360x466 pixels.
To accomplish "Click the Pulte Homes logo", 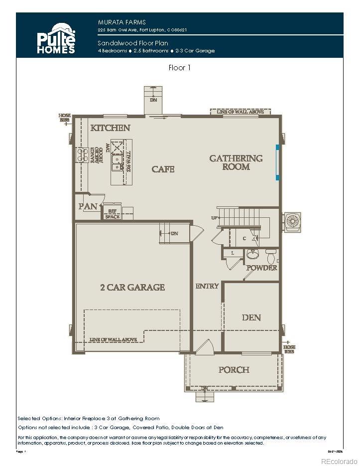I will (56, 38).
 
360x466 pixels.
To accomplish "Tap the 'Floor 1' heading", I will (180, 68).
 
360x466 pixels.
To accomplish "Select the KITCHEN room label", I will (110, 128).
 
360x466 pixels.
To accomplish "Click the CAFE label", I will (163, 169).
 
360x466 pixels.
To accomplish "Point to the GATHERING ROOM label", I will (236, 162).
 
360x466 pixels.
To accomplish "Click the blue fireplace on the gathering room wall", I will (278, 162).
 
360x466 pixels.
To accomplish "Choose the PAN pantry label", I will (88, 206).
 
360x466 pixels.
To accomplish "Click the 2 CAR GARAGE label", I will (132, 287).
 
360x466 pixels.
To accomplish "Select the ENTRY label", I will (207, 286).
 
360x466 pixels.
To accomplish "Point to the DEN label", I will (251, 317).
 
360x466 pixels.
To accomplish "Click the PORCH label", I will (234, 370).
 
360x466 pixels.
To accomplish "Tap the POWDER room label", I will (262, 268).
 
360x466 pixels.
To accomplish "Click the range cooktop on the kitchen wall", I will (81, 155).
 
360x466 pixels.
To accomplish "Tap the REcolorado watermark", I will (339, 460).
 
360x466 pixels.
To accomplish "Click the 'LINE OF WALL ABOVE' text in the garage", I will (114, 339).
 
